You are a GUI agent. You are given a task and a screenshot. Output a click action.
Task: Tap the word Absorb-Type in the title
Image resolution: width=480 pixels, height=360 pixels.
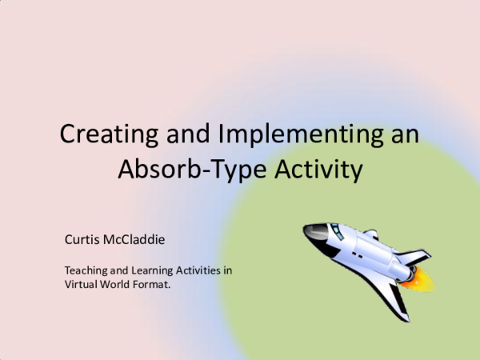pos(174,170)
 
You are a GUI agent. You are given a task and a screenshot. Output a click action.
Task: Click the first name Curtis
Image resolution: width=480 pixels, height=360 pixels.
pos(82,238)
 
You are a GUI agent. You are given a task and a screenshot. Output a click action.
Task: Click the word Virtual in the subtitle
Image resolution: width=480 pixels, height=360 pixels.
pos(81,284)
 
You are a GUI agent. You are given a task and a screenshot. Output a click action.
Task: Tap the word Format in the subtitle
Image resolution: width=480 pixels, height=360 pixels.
pos(154,284)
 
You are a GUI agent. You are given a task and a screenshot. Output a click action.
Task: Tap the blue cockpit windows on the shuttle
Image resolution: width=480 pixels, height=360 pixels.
pos(337,230)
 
